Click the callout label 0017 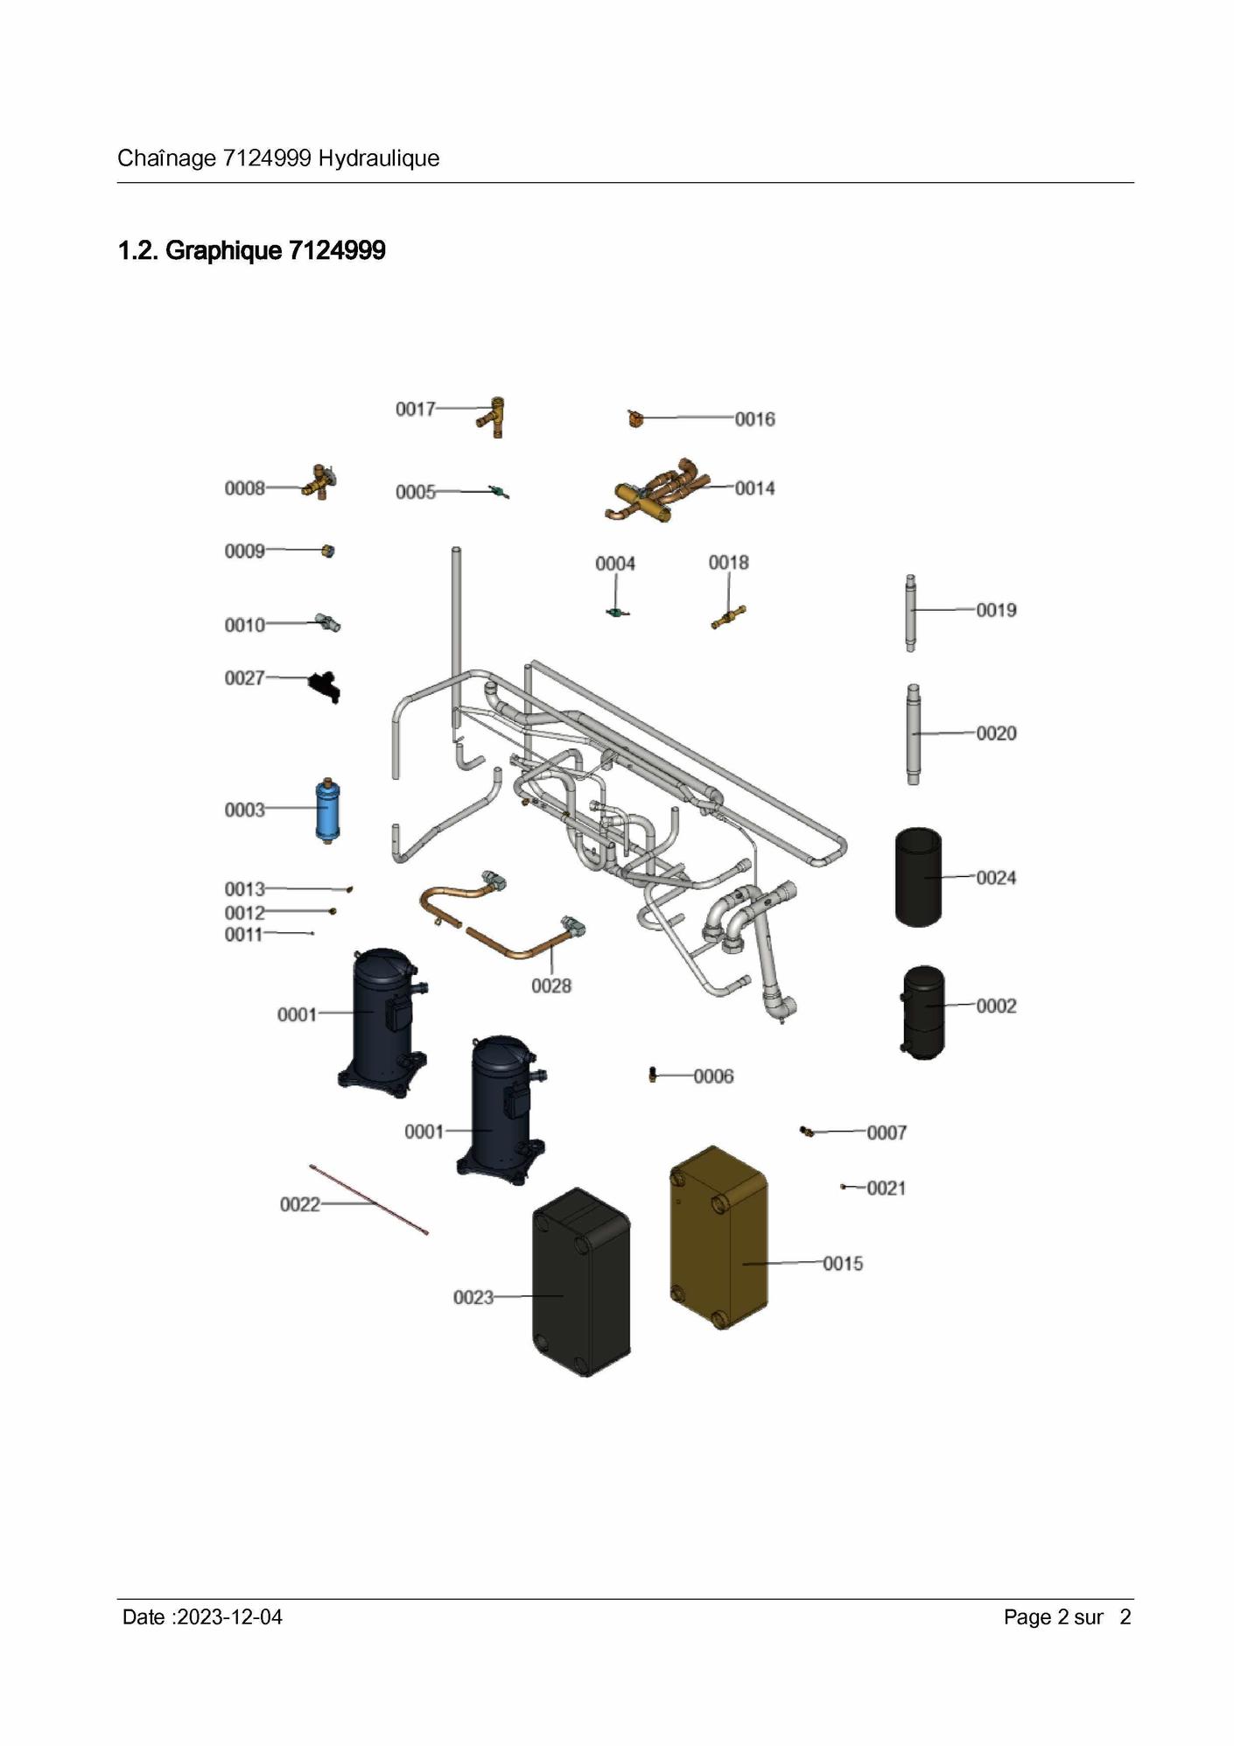point(415,410)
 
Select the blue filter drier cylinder point(327,810)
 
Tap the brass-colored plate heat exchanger point(719,1238)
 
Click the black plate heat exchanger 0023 point(581,1281)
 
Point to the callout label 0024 point(996,878)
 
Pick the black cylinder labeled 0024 point(918,877)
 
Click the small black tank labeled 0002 point(922,1013)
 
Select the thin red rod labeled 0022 point(368,1199)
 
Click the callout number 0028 point(551,986)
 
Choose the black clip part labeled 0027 point(324,686)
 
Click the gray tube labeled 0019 point(910,613)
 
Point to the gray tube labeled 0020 point(913,734)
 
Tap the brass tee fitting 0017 point(492,417)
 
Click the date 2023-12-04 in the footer point(229,1617)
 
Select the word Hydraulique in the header point(379,158)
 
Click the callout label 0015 point(843,1264)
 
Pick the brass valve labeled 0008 point(319,482)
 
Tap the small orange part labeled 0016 point(635,419)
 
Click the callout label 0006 point(713,1076)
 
